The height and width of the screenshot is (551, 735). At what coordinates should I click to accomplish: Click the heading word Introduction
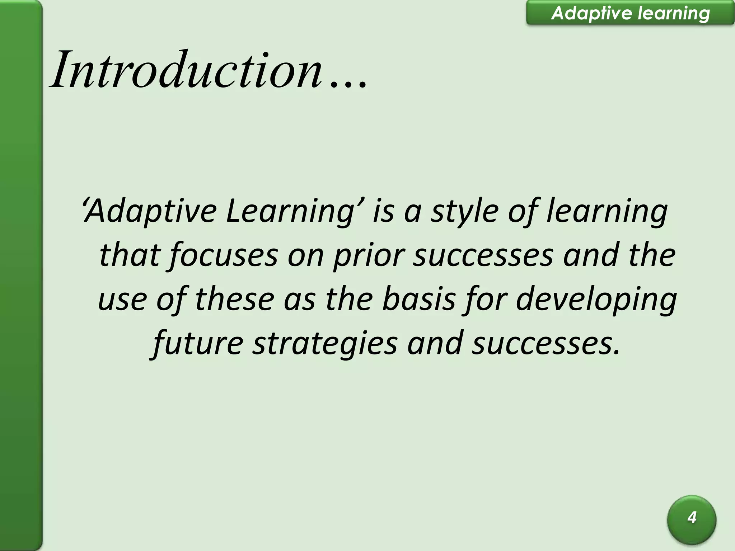tap(187, 70)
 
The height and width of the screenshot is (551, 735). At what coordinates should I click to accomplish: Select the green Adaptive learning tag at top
tap(630, 13)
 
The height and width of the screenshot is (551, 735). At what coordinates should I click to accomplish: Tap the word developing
tap(596, 300)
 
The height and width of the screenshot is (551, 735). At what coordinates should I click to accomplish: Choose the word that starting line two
tap(129, 255)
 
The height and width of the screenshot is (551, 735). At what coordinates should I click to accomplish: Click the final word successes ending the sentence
tap(546, 343)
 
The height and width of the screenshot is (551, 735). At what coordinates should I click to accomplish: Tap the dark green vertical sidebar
tap(21, 275)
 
